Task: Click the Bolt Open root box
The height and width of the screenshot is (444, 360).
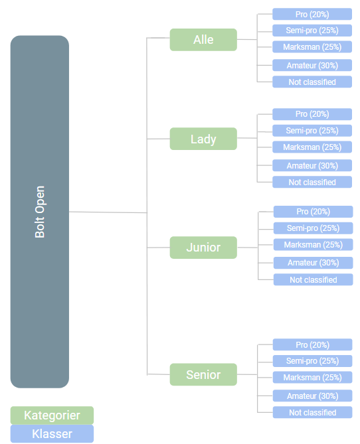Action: click(x=40, y=212)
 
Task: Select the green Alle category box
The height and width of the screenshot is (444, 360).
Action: click(x=203, y=40)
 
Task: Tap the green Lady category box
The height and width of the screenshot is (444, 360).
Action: click(x=203, y=139)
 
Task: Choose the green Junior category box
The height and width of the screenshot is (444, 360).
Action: click(x=203, y=248)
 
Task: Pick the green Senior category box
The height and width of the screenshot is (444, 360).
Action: click(x=203, y=374)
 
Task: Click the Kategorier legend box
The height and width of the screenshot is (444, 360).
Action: click(x=52, y=415)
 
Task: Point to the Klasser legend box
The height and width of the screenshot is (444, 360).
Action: click(x=52, y=433)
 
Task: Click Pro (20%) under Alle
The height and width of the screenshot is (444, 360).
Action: click(x=312, y=14)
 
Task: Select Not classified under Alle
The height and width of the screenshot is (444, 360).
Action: click(x=312, y=82)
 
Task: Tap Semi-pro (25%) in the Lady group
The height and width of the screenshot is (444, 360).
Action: click(x=312, y=131)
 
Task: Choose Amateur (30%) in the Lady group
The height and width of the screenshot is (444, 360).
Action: click(x=312, y=165)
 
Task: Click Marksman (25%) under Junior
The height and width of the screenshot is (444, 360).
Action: click(x=314, y=245)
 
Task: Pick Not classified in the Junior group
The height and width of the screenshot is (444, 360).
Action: click(x=314, y=279)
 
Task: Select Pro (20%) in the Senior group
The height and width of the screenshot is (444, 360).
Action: click(x=313, y=344)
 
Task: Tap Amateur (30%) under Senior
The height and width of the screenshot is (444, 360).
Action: click(x=313, y=396)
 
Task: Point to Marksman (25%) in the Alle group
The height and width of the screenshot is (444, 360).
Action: click(x=312, y=46)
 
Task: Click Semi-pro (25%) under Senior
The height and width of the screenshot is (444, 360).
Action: click(x=313, y=361)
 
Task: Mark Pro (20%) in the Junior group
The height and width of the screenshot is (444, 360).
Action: click(x=314, y=212)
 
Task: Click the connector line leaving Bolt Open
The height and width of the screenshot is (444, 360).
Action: click(x=108, y=212)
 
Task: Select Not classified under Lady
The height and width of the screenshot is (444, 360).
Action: click(x=312, y=182)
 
